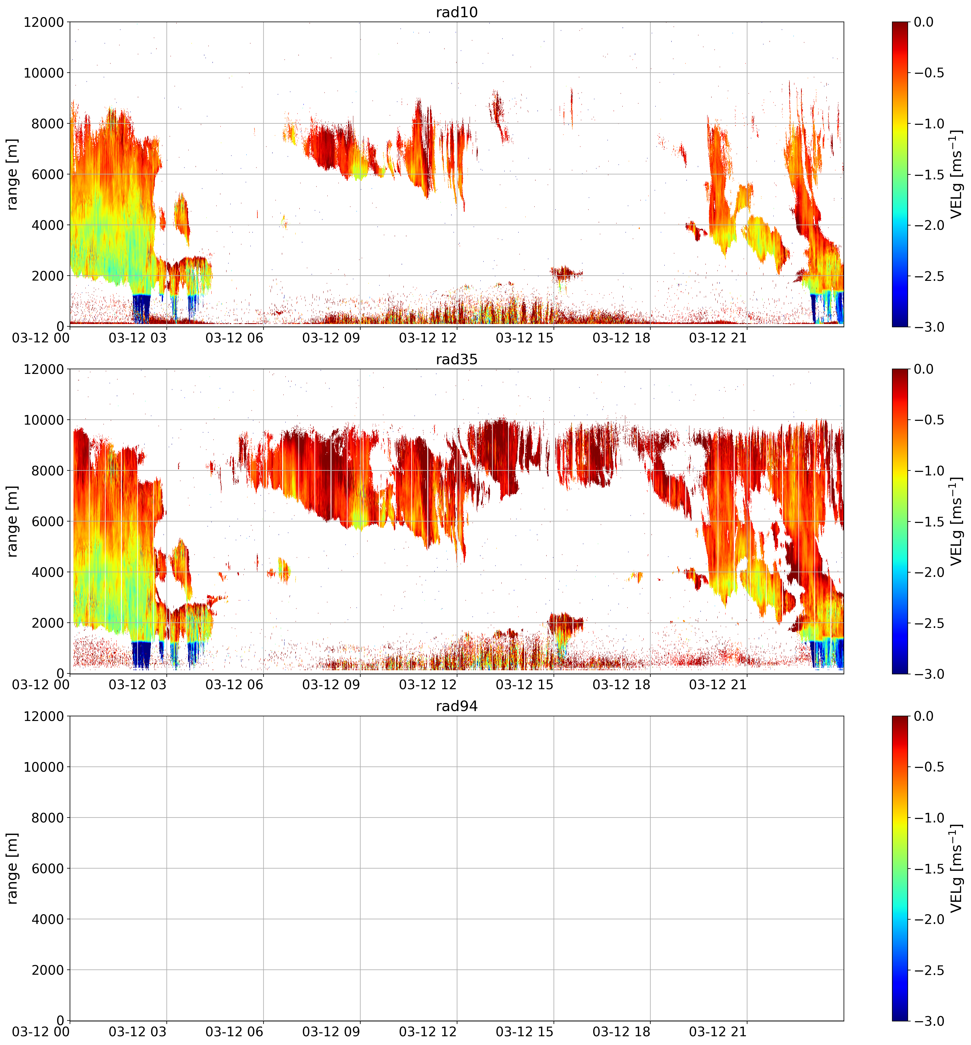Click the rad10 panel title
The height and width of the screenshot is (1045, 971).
pos(456,12)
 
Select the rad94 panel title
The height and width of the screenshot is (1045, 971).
pos(456,706)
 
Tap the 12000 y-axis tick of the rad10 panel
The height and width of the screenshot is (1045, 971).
pos(44,22)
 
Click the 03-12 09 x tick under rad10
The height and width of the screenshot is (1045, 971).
pos(331,338)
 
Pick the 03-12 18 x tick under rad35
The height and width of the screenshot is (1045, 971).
pos(621,685)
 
